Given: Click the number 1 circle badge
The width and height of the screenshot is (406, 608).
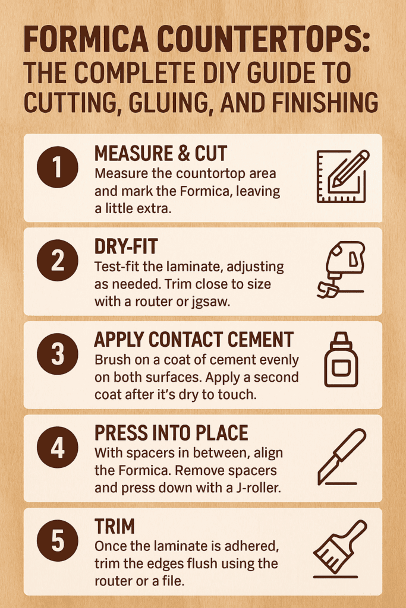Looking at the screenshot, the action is point(58,167).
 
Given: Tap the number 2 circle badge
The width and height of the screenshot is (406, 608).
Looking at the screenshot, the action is point(58,260).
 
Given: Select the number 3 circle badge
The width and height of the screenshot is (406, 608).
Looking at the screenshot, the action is point(58,354).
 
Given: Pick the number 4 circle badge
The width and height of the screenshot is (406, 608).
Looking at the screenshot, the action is point(58,447).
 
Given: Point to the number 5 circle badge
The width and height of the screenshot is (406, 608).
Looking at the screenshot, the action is point(58,540).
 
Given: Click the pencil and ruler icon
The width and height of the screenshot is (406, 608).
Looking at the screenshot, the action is point(342,176).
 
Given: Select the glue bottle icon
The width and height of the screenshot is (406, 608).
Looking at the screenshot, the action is point(341,359).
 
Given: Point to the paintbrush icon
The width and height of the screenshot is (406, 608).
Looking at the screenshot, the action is point(340,549).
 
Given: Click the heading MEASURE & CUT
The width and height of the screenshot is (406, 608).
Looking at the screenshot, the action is point(160,154).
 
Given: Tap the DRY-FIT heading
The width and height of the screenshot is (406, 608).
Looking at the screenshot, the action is point(126,246).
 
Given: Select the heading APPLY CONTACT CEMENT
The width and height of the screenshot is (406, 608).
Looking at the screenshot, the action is point(194,340).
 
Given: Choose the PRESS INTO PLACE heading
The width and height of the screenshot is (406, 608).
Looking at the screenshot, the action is point(171,433).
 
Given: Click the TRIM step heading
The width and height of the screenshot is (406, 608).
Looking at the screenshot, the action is point(115,527).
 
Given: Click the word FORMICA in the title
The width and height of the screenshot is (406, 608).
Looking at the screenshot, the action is point(86,40).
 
